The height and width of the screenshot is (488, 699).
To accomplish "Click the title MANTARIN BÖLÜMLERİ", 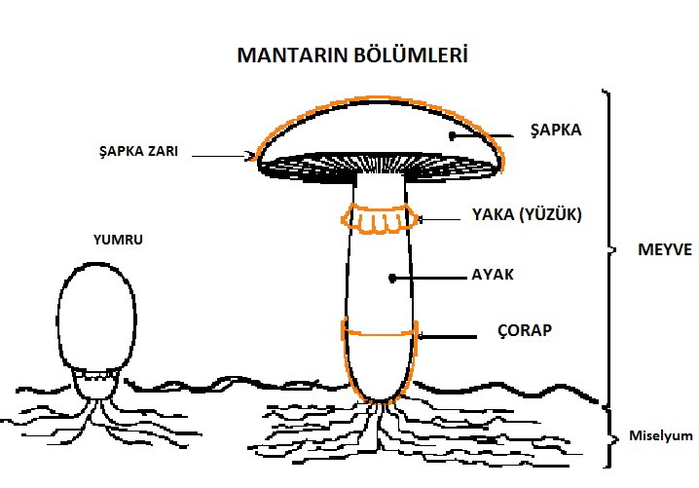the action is [352, 56].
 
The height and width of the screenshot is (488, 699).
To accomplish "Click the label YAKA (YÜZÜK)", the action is [526, 215].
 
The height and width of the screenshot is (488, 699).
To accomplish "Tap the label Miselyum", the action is [658, 435].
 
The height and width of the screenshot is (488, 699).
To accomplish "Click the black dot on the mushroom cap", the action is [453, 136].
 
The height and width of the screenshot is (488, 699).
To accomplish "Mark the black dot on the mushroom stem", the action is [392, 279].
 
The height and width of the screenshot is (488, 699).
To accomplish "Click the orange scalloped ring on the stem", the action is [381, 220].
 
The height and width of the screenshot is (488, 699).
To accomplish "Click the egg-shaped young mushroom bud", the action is [94, 318].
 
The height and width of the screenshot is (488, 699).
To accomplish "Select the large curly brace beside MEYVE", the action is [608, 248].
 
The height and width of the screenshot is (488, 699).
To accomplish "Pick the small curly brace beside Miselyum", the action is [611, 436].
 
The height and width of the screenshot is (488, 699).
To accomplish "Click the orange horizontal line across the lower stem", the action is [380, 334].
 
